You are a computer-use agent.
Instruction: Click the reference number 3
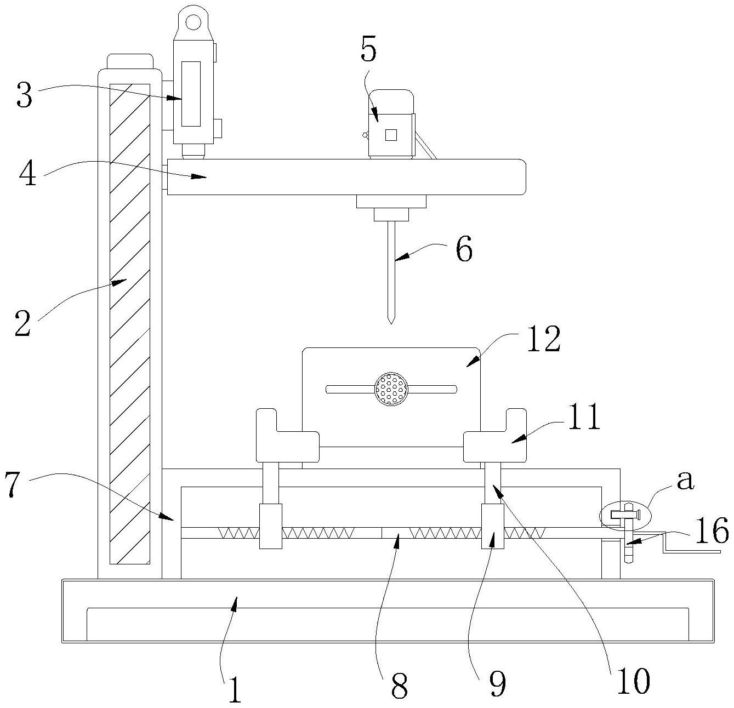[24, 94]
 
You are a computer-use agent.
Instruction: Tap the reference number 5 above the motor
[368, 49]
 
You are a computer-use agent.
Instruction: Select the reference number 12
[544, 339]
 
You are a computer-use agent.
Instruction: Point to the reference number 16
[712, 531]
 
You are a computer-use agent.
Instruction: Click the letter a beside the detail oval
[685, 480]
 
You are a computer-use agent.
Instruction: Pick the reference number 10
[634, 681]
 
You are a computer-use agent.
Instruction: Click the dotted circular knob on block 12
[391, 389]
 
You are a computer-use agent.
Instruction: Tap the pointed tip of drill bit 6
[391, 324]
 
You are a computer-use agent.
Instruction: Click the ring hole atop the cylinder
[194, 21]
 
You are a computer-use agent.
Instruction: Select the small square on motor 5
[391, 135]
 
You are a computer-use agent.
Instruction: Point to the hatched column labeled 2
[130, 324]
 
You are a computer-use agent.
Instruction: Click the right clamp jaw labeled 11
[495, 436]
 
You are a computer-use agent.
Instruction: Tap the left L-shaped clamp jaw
[287, 436]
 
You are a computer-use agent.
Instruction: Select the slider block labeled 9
[493, 526]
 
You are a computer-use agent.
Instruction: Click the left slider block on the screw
[270, 526]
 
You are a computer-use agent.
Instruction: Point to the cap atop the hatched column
[130, 61]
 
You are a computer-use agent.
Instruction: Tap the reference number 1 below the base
[235, 689]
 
